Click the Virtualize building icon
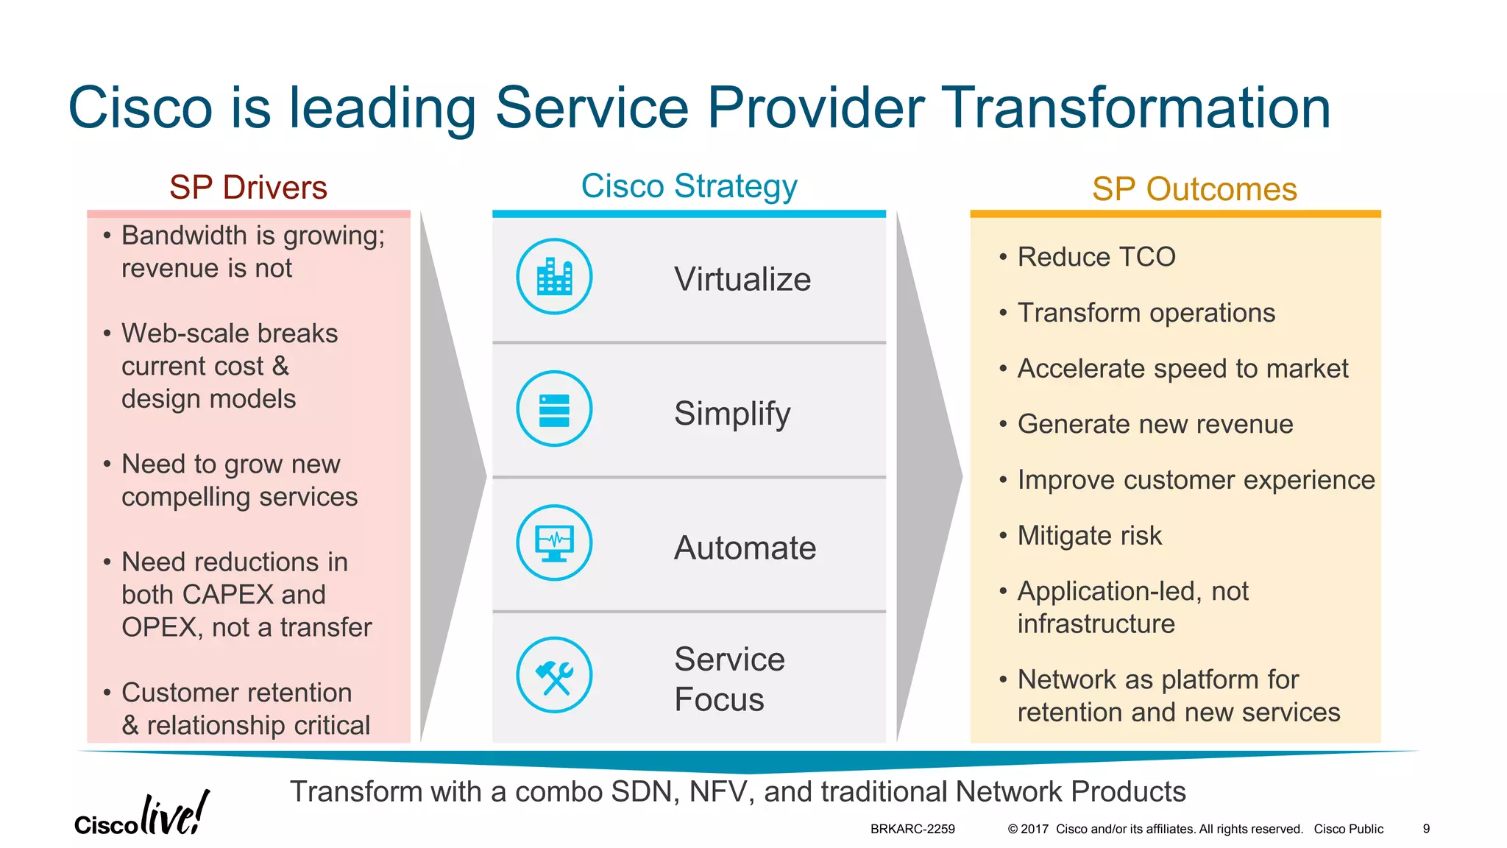(554, 277)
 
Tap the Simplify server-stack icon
(554, 409)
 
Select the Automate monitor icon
(554, 543)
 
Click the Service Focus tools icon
(554, 676)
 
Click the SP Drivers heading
(248, 188)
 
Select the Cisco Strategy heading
(689, 186)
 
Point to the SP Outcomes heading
(1194, 189)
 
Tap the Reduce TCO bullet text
(1096, 257)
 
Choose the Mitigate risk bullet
(1089, 536)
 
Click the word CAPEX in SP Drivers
(227, 595)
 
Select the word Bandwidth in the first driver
(184, 236)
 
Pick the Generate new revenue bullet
(1155, 424)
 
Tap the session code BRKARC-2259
(912, 829)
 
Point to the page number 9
(1426, 829)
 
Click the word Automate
(745, 548)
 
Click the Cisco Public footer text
(1348, 829)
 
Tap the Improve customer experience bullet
(1196, 480)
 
